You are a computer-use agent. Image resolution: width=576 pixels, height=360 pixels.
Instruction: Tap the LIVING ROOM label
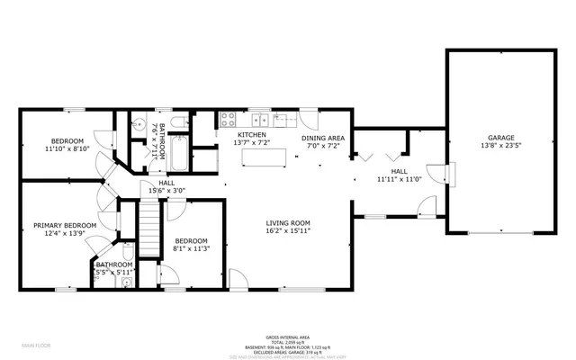point(288,222)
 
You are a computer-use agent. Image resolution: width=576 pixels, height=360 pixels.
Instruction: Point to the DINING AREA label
point(323,138)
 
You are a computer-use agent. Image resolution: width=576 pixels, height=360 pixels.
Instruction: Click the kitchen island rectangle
point(266,157)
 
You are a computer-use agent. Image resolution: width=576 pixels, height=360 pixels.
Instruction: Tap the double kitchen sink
point(259,118)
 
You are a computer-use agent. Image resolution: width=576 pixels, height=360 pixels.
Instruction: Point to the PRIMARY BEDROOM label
point(65,225)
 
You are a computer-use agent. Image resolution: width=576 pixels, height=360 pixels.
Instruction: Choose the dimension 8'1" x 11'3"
point(191,250)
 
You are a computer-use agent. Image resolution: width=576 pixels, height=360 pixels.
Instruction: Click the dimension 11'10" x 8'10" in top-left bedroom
point(67,149)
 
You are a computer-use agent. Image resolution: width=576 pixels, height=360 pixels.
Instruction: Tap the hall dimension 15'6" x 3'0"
point(166,190)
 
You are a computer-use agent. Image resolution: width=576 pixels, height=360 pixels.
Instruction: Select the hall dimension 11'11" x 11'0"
point(400,179)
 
